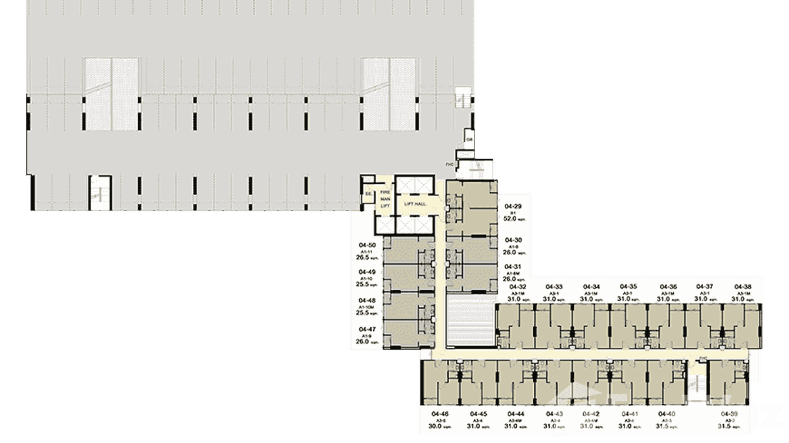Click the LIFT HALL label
tap(415, 204)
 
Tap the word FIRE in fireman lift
tap(385, 193)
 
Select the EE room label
tap(369, 193)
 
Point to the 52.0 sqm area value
tap(511, 219)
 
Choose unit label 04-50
tap(366, 244)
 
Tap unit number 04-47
tap(366, 329)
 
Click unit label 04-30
tap(513, 240)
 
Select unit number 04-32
tap(518, 287)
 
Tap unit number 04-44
tap(516, 414)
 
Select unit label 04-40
tap(667, 414)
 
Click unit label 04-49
tap(366, 272)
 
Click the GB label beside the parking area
tap(469, 139)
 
